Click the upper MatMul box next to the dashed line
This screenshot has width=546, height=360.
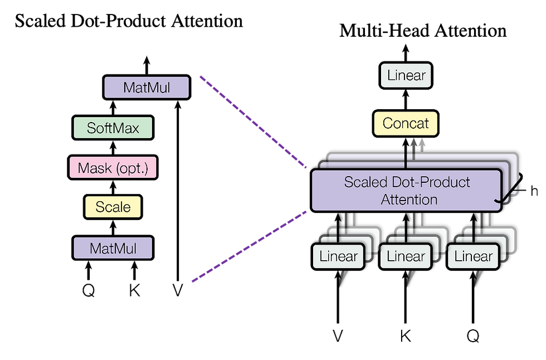[x=147, y=87]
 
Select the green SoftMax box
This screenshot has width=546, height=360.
[x=113, y=128]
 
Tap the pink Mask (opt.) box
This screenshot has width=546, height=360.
[x=113, y=168]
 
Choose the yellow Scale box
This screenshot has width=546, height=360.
[x=113, y=207]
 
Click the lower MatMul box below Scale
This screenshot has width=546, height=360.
[x=113, y=248]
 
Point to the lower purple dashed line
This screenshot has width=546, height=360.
[x=249, y=246]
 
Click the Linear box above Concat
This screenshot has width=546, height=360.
[x=406, y=75]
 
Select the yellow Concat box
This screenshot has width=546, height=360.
[x=406, y=124]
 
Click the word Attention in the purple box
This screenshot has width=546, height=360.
[x=409, y=200]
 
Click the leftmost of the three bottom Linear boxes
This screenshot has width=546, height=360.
[x=339, y=257]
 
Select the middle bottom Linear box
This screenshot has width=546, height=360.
[x=406, y=257]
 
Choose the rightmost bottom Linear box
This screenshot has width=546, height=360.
[x=474, y=257]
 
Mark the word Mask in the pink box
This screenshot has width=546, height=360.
[x=94, y=168]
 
